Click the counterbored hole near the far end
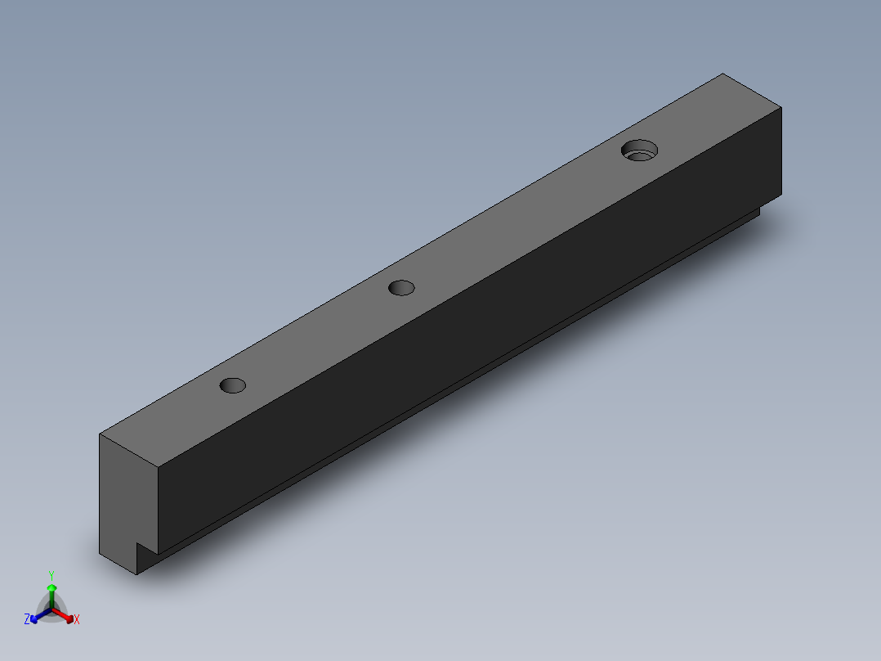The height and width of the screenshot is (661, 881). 639,151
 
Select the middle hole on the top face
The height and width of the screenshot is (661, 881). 401,287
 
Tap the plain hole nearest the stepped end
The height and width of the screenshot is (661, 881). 233,384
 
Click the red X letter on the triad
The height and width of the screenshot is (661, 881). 77,620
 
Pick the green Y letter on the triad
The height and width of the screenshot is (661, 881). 51,575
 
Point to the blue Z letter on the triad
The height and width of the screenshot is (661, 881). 27,619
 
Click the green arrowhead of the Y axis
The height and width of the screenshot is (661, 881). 51,588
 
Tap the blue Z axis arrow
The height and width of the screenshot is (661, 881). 38,616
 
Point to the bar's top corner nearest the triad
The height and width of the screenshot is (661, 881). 100,434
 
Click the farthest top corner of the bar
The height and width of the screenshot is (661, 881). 722,74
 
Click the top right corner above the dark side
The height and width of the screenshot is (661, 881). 781,107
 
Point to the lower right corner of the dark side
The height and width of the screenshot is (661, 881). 781,196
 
